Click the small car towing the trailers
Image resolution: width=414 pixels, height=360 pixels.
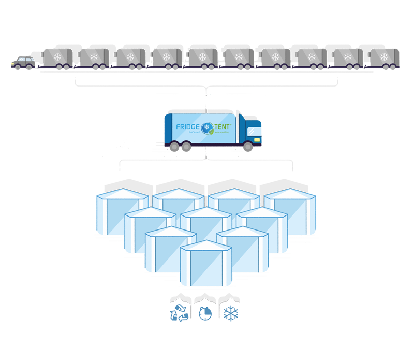coord(24,64)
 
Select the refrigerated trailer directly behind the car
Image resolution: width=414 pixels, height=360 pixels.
coord(58,58)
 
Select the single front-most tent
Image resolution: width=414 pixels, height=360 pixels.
coord(206,264)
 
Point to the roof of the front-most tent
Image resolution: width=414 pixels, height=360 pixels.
coord(206,246)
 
